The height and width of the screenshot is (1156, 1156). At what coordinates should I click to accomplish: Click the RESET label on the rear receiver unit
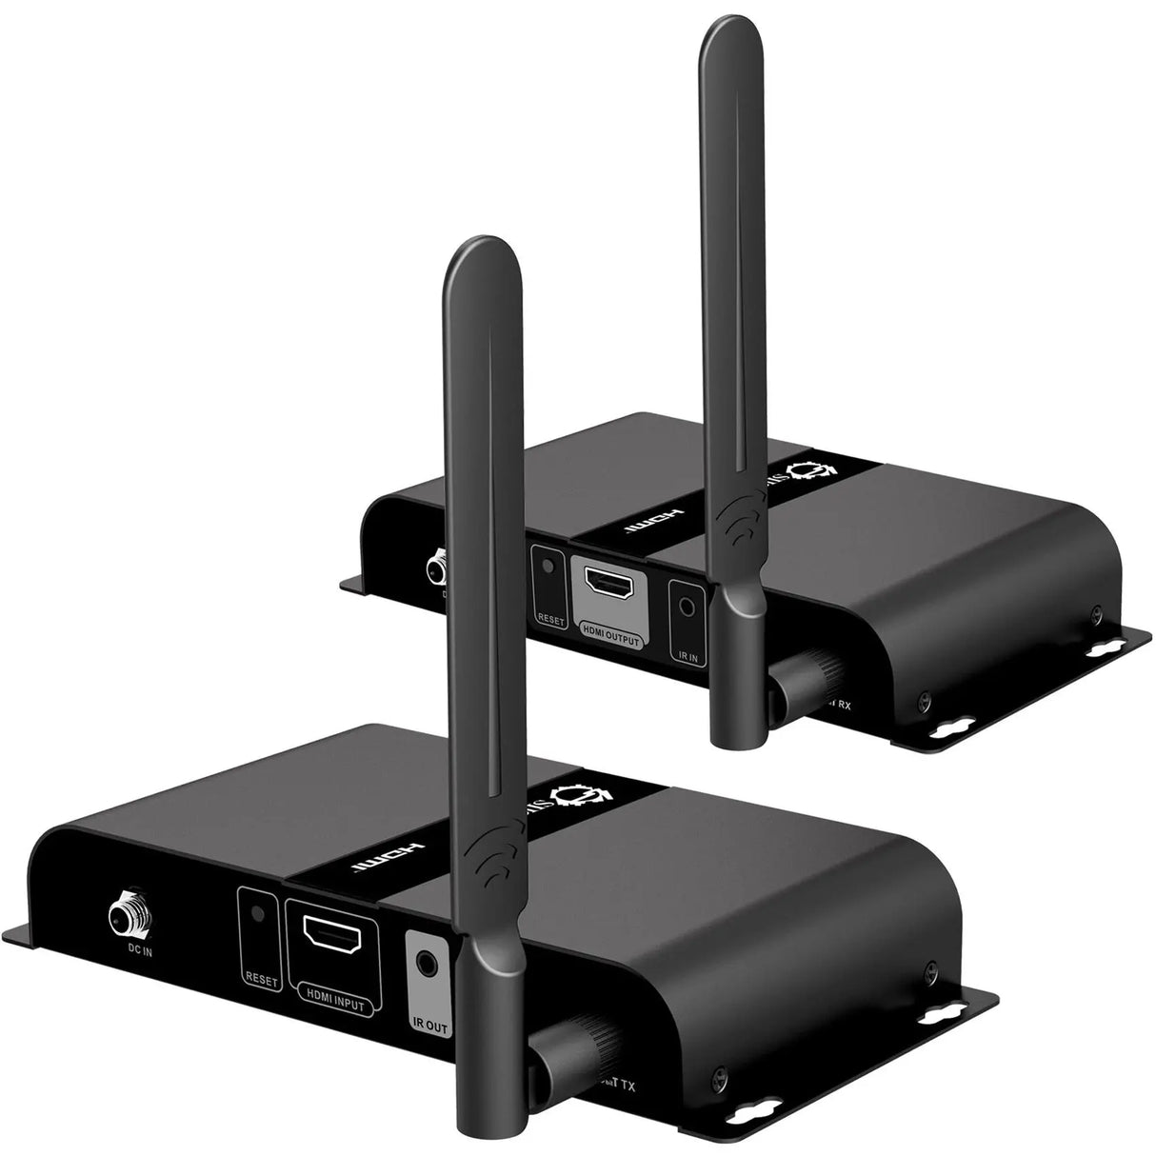point(551,620)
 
